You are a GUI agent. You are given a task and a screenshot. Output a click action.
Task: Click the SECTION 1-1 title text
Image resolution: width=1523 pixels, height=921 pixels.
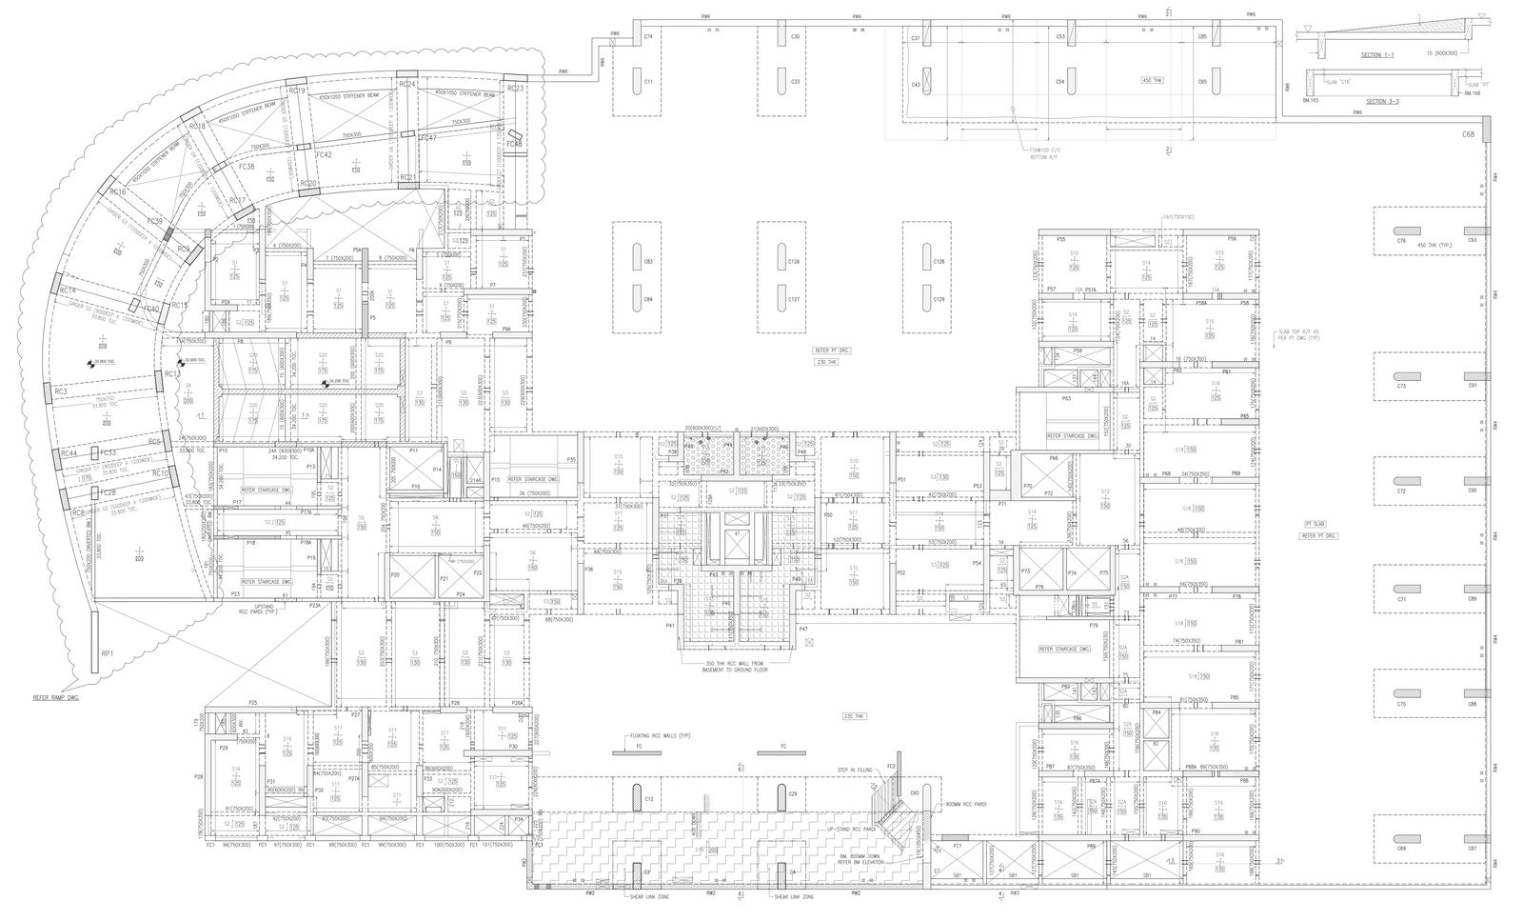[1377, 55]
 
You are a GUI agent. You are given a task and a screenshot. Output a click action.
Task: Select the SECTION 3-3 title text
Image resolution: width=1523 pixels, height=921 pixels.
[1377, 101]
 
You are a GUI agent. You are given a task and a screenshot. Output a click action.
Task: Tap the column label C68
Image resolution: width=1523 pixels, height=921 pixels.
[1468, 134]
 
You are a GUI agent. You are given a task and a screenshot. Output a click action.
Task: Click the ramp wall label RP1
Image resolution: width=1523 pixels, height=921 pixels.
[108, 653]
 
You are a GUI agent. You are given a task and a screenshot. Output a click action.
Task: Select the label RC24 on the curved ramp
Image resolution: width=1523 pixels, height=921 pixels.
[407, 85]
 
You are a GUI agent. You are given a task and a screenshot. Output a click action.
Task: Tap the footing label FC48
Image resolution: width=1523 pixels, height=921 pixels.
[514, 144]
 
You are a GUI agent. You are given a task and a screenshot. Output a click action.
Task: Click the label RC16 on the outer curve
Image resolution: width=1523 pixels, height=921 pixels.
[117, 191]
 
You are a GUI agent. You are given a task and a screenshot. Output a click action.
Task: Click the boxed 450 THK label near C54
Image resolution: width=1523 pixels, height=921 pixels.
[1152, 80]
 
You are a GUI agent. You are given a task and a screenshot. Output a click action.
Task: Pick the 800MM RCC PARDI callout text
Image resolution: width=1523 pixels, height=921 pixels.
[966, 806]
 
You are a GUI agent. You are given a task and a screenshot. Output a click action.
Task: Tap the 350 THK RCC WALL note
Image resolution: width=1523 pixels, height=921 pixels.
[737, 666]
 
